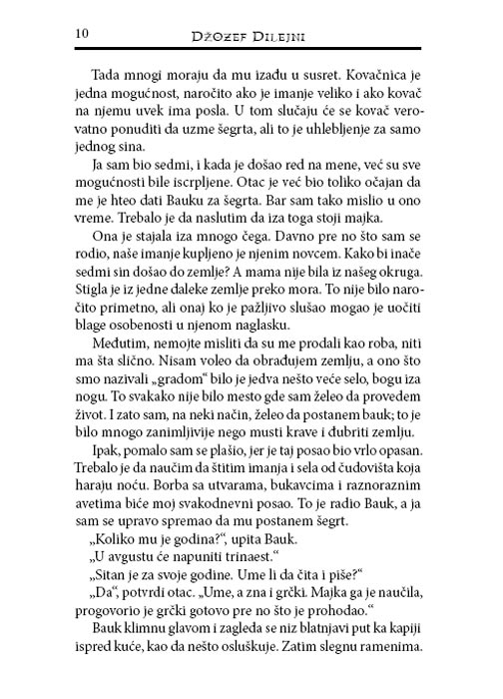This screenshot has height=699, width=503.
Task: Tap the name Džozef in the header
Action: [x=220, y=37]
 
